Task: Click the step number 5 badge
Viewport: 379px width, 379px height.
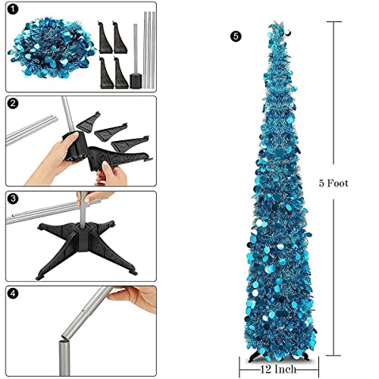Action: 237,36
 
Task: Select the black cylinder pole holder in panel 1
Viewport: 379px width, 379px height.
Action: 137,79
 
